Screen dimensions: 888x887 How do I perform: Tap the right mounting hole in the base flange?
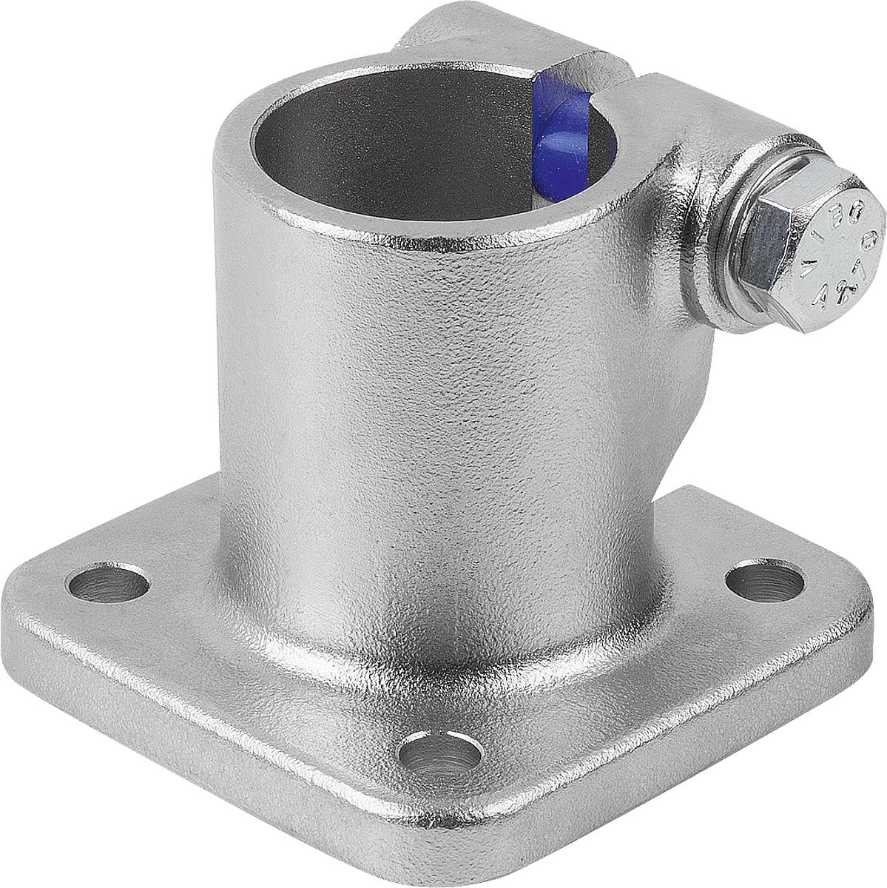(x=764, y=583)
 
